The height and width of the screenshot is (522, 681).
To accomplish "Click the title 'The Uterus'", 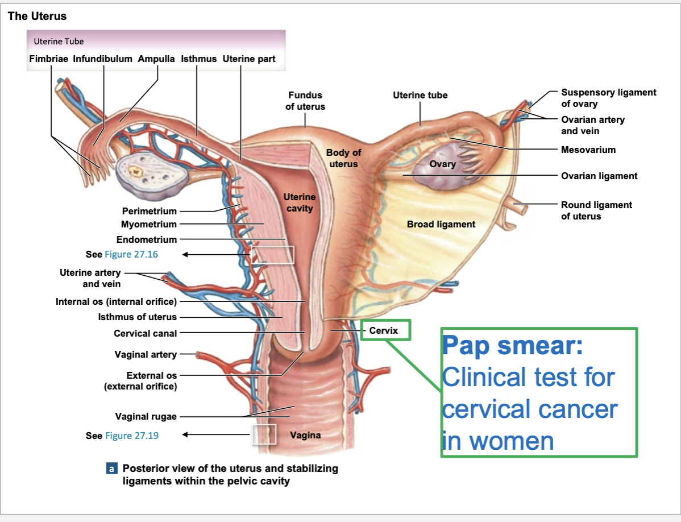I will pos(37,16).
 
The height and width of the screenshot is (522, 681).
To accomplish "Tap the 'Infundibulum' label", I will pos(102,59).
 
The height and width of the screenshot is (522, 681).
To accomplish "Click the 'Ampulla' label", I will pos(156,59).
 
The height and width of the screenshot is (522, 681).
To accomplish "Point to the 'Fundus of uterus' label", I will pos(305,101).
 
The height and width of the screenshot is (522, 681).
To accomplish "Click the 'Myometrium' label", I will pos(149,225).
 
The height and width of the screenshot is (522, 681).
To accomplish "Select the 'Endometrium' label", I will pos(147,239).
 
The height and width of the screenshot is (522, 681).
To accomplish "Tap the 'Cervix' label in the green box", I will pos(383,330).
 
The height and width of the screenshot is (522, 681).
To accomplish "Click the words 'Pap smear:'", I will pos(513,345).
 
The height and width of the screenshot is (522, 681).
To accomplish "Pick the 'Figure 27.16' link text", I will pos(131,254).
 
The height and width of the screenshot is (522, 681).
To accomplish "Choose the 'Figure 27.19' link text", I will pos(131,436).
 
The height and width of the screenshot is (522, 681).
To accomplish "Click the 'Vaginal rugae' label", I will pos(146,417).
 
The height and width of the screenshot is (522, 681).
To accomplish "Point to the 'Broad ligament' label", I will pos(441,224).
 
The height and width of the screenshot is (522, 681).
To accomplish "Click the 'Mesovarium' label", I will pos(588,150).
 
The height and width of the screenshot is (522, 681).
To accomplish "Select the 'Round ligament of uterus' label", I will pos(596,210).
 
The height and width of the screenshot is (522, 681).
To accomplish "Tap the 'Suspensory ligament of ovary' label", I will pos(608,98).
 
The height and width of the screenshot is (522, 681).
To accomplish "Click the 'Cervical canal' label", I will pos(146,333).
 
